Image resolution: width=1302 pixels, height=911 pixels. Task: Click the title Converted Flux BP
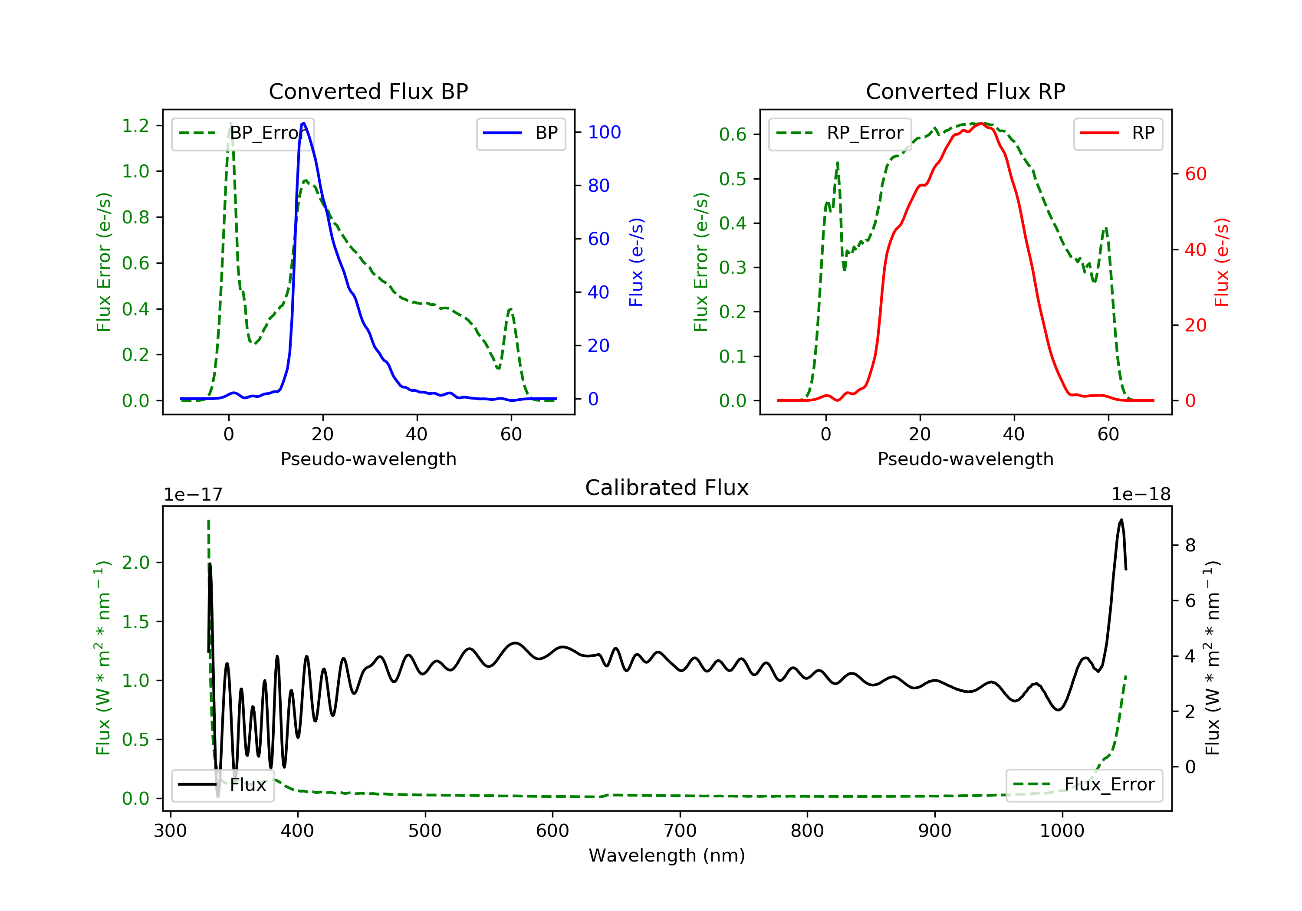368,91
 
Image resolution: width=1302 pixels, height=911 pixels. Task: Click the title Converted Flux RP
965,91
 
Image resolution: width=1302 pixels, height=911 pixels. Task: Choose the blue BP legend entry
520,133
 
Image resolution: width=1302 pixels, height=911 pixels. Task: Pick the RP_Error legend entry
840,133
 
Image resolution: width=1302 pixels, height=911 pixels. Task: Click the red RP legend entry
1118,133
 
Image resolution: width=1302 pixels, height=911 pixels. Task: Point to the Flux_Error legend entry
1084,785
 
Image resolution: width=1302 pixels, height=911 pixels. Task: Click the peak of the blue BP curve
304,123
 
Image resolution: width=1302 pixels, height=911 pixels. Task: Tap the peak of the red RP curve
982,123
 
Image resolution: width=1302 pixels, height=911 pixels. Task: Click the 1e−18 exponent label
1141,495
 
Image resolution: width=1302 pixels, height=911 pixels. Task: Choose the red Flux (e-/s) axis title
1221,262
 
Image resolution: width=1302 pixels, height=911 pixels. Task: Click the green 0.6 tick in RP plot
733,134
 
